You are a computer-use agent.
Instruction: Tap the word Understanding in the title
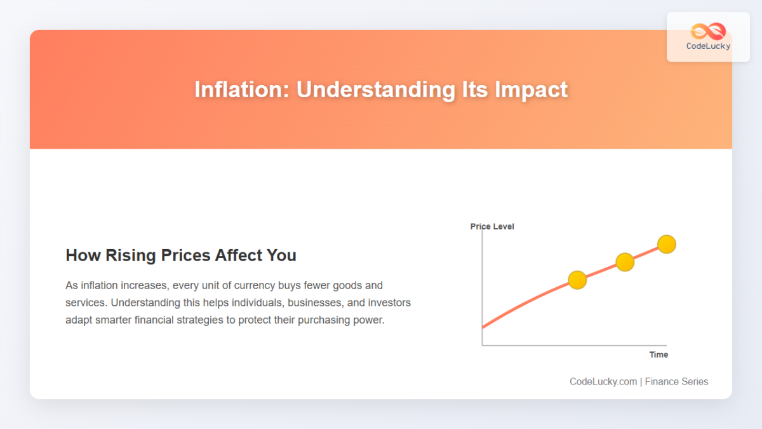click(376, 90)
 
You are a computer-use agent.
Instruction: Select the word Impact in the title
click(531, 90)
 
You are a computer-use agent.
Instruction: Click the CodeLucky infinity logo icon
click(708, 31)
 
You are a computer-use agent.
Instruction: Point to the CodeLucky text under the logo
click(708, 46)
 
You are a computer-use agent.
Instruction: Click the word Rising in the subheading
click(131, 255)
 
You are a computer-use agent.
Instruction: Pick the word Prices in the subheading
click(185, 255)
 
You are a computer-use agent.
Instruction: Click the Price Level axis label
click(492, 226)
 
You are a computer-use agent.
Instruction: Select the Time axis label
click(658, 355)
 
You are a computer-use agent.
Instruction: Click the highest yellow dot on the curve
click(667, 245)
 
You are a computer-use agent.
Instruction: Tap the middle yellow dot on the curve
click(625, 262)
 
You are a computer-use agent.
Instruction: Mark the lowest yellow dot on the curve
click(577, 280)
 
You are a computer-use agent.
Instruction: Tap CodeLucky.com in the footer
click(603, 382)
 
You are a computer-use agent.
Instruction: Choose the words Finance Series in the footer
click(677, 382)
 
